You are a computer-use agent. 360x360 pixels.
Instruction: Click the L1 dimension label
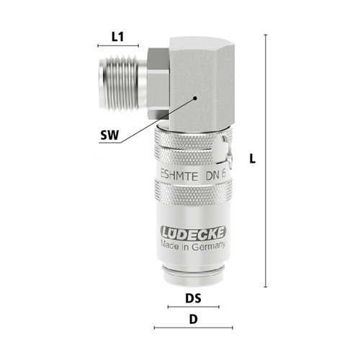(x=117, y=37)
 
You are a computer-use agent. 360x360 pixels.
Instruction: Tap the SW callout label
(x=109, y=135)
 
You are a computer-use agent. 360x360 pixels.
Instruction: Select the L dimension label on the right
(x=252, y=158)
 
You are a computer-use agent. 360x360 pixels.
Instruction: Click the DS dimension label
(x=193, y=298)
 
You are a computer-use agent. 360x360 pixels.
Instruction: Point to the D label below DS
(x=193, y=320)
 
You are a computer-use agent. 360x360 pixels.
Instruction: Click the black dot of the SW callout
(x=195, y=98)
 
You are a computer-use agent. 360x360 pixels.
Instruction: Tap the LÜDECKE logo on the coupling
(x=193, y=233)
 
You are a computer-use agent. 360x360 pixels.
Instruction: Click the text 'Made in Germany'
(x=193, y=246)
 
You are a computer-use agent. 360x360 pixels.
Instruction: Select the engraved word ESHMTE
(x=179, y=176)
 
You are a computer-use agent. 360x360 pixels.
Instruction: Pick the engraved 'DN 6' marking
(x=216, y=175)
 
